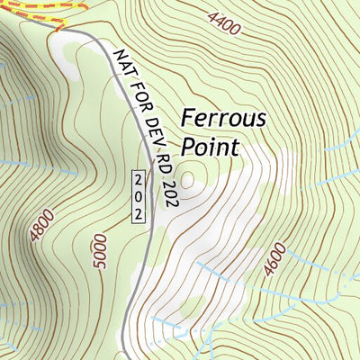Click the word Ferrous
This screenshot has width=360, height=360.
(224, 118)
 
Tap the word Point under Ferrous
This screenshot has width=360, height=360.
(210, 146)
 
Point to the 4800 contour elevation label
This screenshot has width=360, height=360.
(41, 225)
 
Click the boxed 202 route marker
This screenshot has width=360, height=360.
(139, 195)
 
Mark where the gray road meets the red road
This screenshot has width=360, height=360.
(59, 30)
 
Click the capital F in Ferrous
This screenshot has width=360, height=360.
(188, 118)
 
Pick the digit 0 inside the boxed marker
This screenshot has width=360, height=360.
(139, 195)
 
